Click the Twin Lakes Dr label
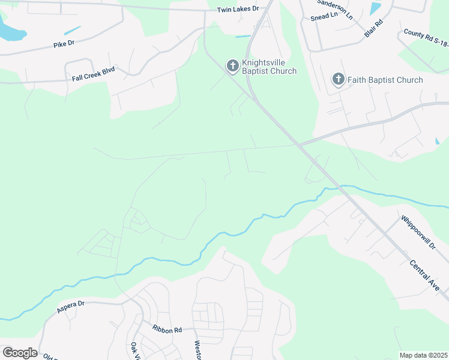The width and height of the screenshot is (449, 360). pos(237,9)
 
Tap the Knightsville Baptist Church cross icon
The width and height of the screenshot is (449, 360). pos(232,66)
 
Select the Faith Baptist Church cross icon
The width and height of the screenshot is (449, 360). pos(339,79)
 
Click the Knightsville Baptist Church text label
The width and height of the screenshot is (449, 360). pos(269,67)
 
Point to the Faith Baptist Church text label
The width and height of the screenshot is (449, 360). pos(385,80)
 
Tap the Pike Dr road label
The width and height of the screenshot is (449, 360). pos(63,44)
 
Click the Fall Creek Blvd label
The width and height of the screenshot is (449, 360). pos(93,70)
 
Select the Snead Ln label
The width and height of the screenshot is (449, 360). pos(324,17)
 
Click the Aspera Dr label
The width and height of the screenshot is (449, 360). pos(71,307)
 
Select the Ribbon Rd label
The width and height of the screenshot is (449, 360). pos(167,330)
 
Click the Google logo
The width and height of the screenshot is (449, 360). pos(20,352)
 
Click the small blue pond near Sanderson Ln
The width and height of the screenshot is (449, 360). pos(376,8)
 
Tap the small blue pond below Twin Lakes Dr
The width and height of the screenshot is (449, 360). pos(243,36)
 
